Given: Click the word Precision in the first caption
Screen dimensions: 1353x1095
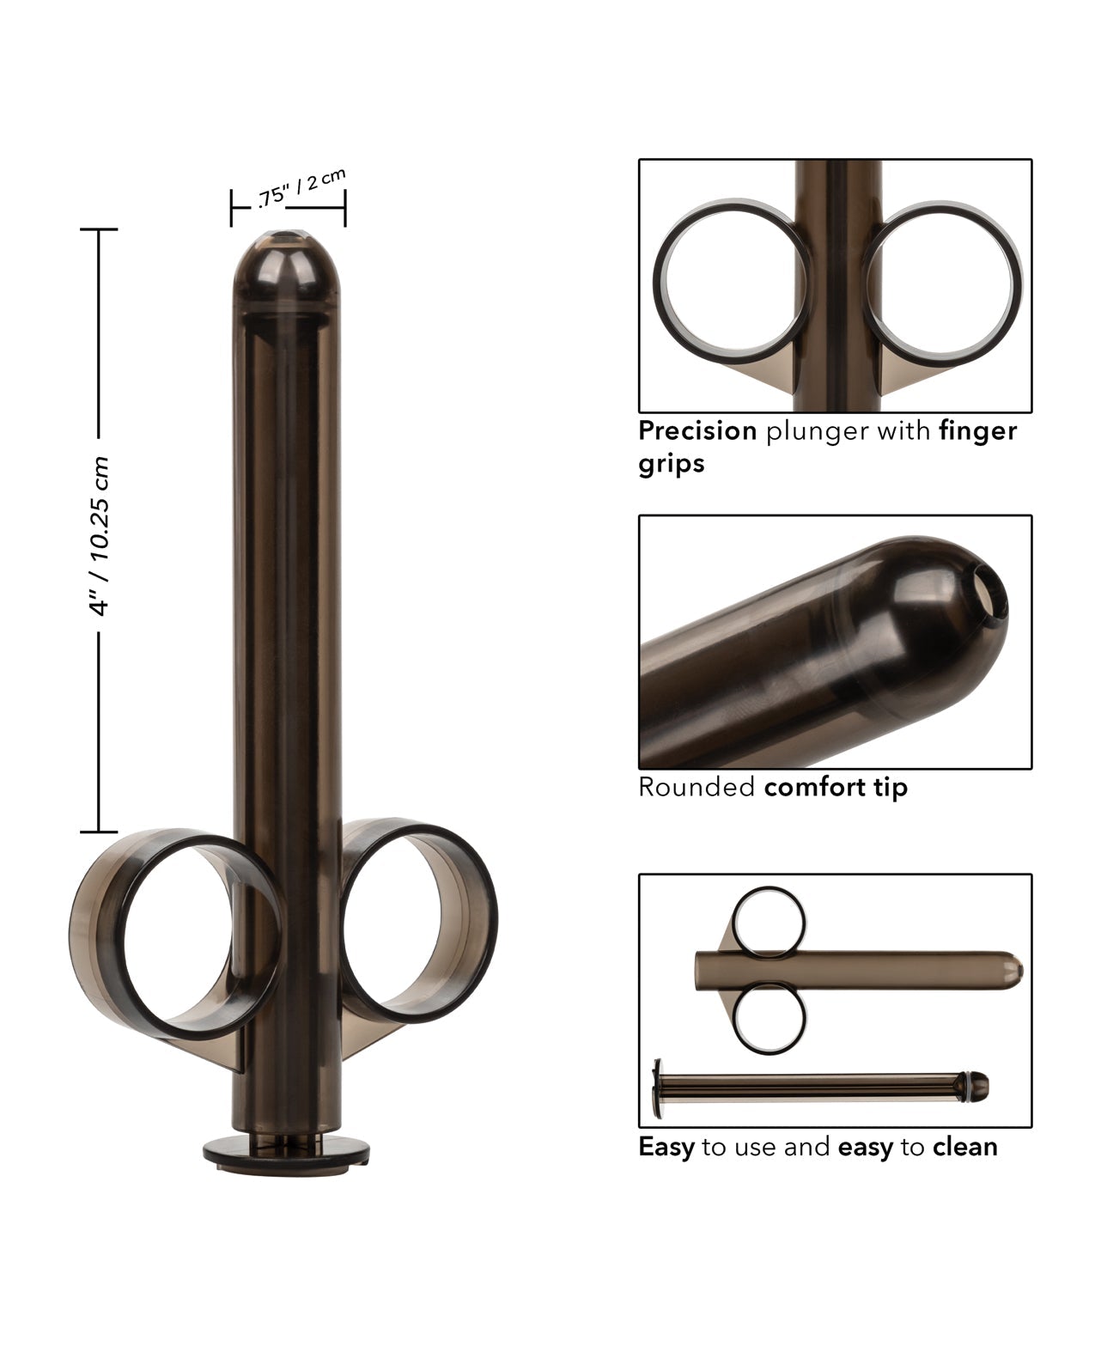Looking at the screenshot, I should click(x=697, y=430).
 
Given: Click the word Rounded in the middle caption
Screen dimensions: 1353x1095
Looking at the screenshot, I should click(x=696, y=787).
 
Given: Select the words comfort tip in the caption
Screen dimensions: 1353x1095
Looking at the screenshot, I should click(x=835, y=787).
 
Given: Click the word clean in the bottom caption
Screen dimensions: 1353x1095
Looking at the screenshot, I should click(x=965, y=1146).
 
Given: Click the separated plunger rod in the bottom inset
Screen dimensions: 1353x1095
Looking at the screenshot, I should click(x=816, y=1090).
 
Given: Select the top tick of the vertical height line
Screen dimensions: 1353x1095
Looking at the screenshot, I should click(x=99, y=230).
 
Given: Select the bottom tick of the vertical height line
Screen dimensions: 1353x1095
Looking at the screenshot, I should click(x=99, y=832).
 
